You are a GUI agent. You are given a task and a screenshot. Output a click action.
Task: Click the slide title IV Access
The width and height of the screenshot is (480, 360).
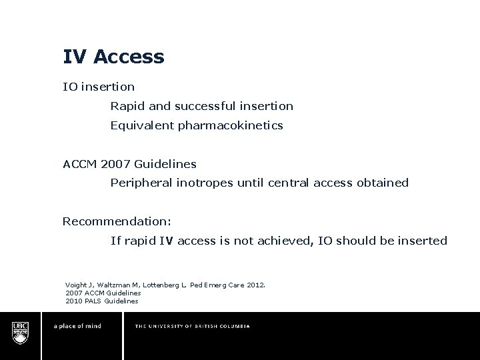click(113, 57)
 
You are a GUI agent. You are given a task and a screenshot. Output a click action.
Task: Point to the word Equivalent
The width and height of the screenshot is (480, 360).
click(141, 125)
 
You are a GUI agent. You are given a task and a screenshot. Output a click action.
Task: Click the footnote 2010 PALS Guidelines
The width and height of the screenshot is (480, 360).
click(102, 301)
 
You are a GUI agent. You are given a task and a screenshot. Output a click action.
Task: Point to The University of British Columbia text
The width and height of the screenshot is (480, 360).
click(192, 327)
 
